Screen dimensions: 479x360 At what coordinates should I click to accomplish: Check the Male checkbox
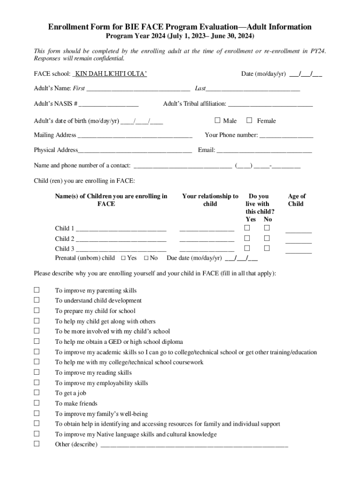click(x=217, y=120)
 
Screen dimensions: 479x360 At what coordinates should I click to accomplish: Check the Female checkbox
click(x=249, y=120)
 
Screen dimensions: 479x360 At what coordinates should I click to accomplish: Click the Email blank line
click(x=264, y=150)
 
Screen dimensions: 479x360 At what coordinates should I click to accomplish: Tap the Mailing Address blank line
click(x=135, y=135)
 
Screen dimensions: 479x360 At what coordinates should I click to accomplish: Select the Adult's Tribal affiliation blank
click(x=270, y=104)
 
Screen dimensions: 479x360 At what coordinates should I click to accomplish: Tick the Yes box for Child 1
click(x=248, y=228)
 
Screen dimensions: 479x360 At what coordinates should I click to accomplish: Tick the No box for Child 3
click(x=267, y=248)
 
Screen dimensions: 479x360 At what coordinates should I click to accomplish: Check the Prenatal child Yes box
click(x=123, y=258)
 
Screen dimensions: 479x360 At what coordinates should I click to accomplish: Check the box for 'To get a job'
click(x=36, y=393)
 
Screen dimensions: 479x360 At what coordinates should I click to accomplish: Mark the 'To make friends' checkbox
click(x=36, y=403)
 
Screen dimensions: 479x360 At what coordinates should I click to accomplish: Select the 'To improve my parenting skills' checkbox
click(x=36, y=290)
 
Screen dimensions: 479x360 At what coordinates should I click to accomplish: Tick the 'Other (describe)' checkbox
click(x=36, y=444)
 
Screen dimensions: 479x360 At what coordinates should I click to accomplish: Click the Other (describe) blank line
click(x=194, y=444)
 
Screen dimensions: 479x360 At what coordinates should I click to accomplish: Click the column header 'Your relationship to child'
click(x=210, y=200)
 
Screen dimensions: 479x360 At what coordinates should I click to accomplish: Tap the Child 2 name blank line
click(x=121, y=239)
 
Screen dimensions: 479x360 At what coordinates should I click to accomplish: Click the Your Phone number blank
click(x=286, y=135)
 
